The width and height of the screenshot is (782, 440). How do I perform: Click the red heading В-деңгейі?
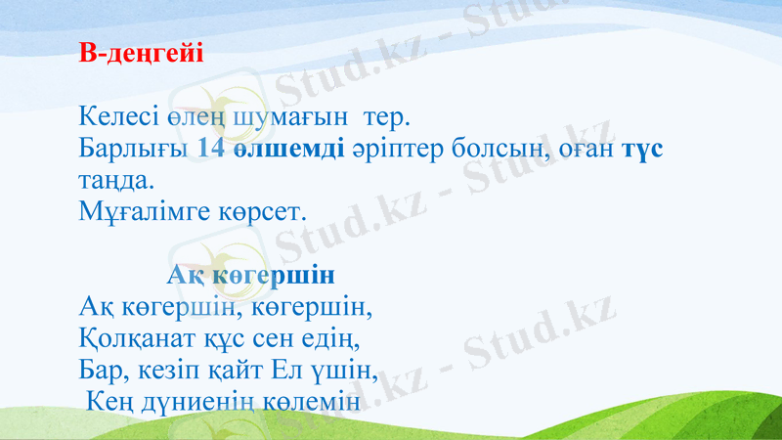click(141, 53)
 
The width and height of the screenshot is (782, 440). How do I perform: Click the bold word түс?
click(643, 149)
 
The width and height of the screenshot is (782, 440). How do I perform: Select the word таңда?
click(115, 180)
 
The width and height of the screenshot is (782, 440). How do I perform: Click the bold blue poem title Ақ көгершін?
click(251, 274)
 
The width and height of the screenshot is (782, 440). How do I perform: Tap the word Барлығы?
click(133, 149)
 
